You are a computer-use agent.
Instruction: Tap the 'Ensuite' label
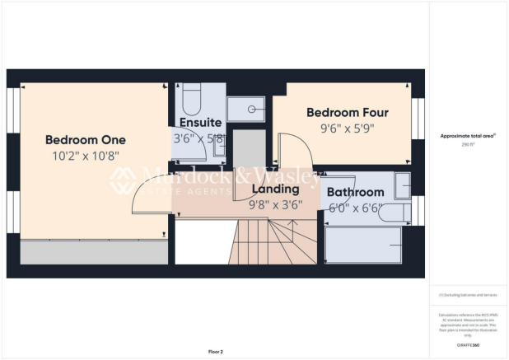click(199, 123)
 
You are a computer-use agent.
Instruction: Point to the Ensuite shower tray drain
click(252, 108)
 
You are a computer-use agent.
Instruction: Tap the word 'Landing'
click(275, 189)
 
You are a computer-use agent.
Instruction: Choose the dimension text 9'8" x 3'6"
click(275, 205)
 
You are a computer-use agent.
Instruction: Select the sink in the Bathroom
click(401, 186)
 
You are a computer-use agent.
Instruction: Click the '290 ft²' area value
click(469, 144)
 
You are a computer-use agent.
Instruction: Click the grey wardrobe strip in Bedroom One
click(91, 252)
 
